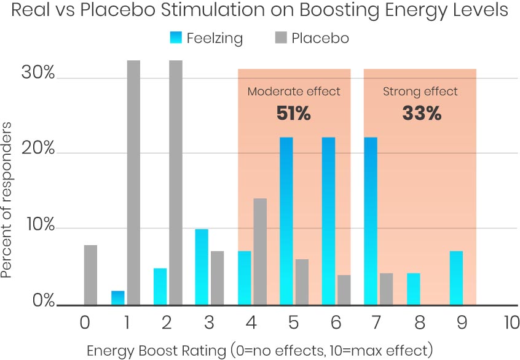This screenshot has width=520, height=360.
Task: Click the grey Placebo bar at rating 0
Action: pyautogui.click(x=90, y=275)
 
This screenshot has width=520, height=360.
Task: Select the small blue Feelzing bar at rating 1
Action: pyautogui.click(x=117, y=297)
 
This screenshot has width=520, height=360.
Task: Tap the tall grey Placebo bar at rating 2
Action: pyautogui.click(x=176, y=182)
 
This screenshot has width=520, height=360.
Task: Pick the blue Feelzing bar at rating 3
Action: pyautogui.click(x=202, y=267)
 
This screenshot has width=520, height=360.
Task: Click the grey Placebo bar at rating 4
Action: pyautogui.click(x=260, y=251)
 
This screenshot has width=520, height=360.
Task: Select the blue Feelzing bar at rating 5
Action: pyautogui.click(x=286, y=221)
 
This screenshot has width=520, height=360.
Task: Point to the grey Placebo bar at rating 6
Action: pyautogui.click(x=344, y=289)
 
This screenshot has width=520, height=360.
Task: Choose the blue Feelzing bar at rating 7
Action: pyautogui.click(x=371, y=221)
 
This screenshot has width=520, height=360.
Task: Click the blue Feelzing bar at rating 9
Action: pyautogui.click(x=456, y=278)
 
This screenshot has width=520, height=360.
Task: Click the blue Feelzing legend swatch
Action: pyautogui.click(x=176, y=38)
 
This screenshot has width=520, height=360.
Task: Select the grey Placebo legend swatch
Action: pyautogui.click(x=280, y=38)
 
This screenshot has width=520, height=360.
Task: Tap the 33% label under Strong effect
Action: pyautogui.click(x=421, y=114)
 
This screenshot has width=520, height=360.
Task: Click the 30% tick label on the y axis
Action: pyautogui.click(x=38, y=74)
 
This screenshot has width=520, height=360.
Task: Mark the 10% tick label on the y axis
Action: pyautogui.click(x=38, y=227)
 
